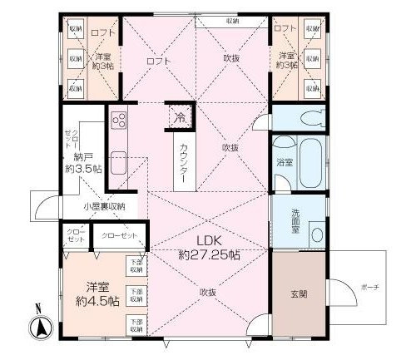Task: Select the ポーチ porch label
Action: [371, 288]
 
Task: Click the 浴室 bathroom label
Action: [283, 163]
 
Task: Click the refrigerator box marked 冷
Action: [180, 117]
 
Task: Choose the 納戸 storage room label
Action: [82, 155]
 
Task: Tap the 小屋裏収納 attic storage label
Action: [103, 205]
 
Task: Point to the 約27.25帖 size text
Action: [208, 255]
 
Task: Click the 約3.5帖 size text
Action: [85, 168]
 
